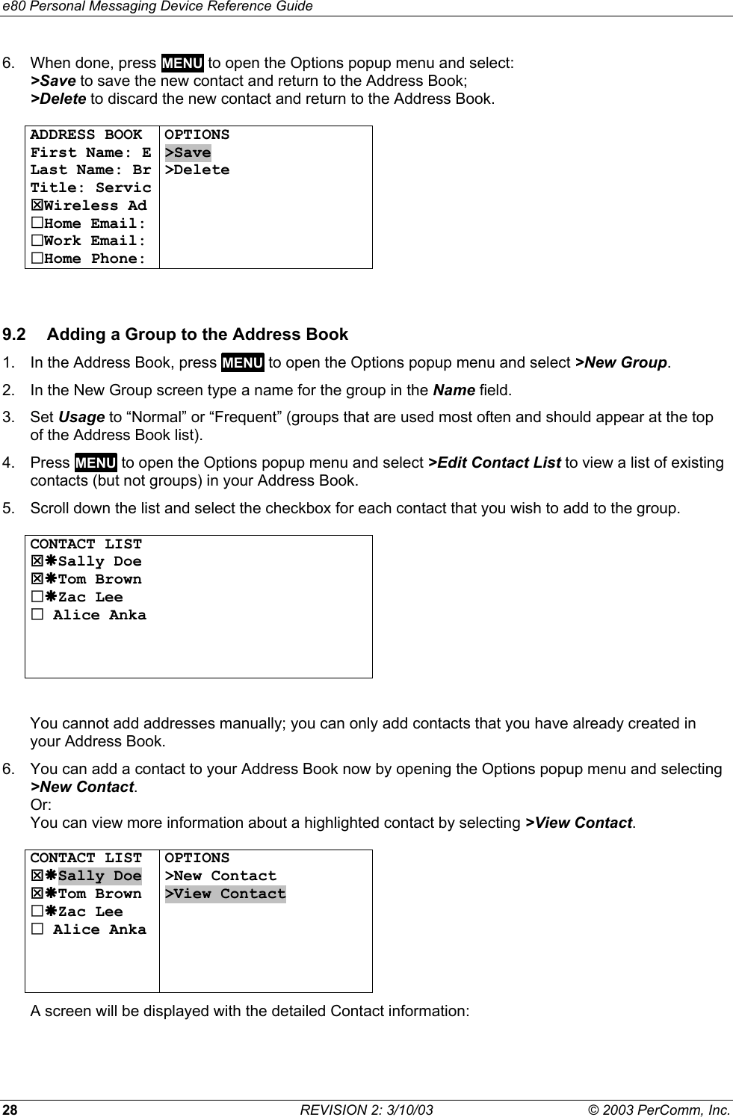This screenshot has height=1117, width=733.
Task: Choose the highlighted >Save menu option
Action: (x=188, y=153)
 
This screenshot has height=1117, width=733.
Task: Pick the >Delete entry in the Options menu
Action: (x=197, y=170)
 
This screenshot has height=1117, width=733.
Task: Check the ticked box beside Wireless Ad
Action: (x=36, y=205)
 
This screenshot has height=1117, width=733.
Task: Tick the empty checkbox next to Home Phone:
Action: (x=36, y=259)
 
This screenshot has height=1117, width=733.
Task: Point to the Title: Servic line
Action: (x=90, y=188)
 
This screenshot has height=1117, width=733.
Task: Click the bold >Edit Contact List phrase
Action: (x=495, y=462)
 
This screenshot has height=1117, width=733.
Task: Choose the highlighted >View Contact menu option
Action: (x=226, y=894)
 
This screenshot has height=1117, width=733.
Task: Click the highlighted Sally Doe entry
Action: (x=99, y=876)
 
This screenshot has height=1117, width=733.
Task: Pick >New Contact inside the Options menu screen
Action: (x=220, y=876)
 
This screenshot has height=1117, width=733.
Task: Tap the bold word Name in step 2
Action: (x=454, y=390)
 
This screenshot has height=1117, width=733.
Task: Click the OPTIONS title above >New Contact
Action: (x=197, y=858)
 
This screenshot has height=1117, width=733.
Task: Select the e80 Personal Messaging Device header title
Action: (x=156, y=7)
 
